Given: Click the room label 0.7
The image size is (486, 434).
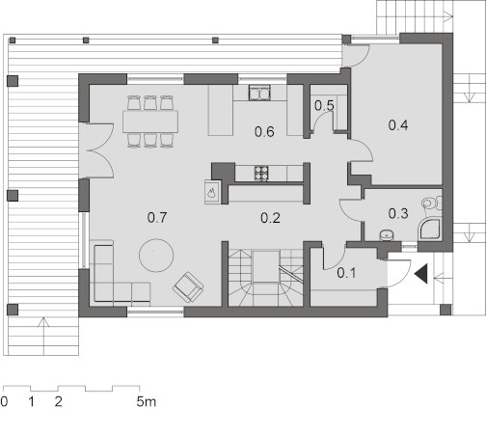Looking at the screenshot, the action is click(x=157, y=218).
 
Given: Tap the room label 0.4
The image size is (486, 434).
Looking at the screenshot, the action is click(x=398, y=125).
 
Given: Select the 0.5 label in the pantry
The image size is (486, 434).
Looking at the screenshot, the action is click(x=324, y=105).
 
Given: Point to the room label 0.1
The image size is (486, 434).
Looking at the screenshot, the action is click(x=346, y=273).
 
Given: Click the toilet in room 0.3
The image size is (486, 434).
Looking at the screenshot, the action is click(x=432, y=203).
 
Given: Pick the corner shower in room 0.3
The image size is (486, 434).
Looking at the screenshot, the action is click(x=430, y=230).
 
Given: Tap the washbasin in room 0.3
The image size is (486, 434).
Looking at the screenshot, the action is click(x=388, y=235).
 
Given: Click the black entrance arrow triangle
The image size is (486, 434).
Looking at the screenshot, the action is click(x=421, y=274).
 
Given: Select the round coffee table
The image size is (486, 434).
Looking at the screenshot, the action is click(x=156, y=256).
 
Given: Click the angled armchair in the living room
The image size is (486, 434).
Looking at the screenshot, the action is click(x=188, y=287).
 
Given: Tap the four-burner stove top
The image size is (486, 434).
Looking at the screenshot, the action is click(x=261, y=173).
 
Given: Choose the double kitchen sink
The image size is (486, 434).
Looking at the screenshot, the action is click(x=259, y=93).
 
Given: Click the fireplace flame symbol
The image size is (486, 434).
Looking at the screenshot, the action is click(x=211, y=193).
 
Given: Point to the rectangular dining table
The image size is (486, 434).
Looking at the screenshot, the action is click(x=150, y=122).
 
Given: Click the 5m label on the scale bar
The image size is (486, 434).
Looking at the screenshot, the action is click(x=147, y=401).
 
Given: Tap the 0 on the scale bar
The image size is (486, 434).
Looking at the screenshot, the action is click(x=4, y=401).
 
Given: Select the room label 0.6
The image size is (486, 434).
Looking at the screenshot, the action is click(x=264, y=132).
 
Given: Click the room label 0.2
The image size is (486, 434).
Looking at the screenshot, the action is click(x=270, y=218).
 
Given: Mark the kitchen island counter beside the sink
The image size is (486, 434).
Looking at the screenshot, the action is click(x=221, y=110).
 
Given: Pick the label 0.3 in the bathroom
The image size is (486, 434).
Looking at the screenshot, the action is click(x=398, y=213).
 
